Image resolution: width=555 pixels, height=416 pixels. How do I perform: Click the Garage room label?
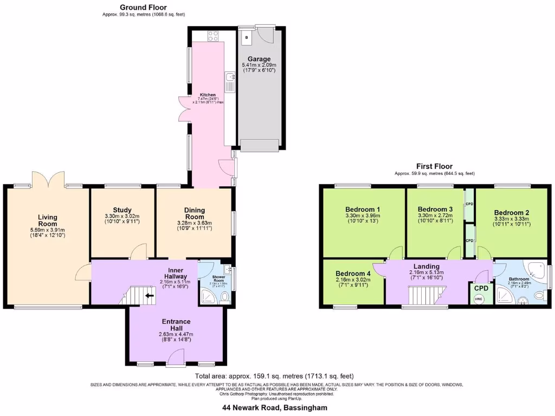tap(259, 59)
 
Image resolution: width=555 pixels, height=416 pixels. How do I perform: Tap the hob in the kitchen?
tap(213, 36)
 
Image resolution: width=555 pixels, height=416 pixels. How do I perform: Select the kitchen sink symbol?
tap(229, 82)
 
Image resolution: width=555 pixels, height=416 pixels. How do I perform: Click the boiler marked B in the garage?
tap(247, 37)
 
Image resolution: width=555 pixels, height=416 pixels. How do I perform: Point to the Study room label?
tap(122, 210)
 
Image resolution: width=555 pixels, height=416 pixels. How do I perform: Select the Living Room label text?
tap(48, 220)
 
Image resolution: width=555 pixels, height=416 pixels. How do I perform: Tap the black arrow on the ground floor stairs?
tap(149, 296)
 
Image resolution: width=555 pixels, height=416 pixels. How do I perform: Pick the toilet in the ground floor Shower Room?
tap(224, 297)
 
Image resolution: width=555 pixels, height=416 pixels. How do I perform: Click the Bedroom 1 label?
tap(363, 210)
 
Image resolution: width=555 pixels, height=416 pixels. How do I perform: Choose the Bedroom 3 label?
tap(435, 210)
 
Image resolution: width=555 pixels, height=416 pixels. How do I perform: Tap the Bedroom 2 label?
tap(512, 213)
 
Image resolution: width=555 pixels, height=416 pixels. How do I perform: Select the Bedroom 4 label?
tap(353, 274)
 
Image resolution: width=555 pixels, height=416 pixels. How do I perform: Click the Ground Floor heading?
tap(143, 7)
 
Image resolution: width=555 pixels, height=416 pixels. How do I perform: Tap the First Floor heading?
tap(434, 166)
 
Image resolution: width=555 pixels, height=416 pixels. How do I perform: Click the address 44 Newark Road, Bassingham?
tap(278, 407)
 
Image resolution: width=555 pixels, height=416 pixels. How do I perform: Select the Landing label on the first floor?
tap(427, 266)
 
